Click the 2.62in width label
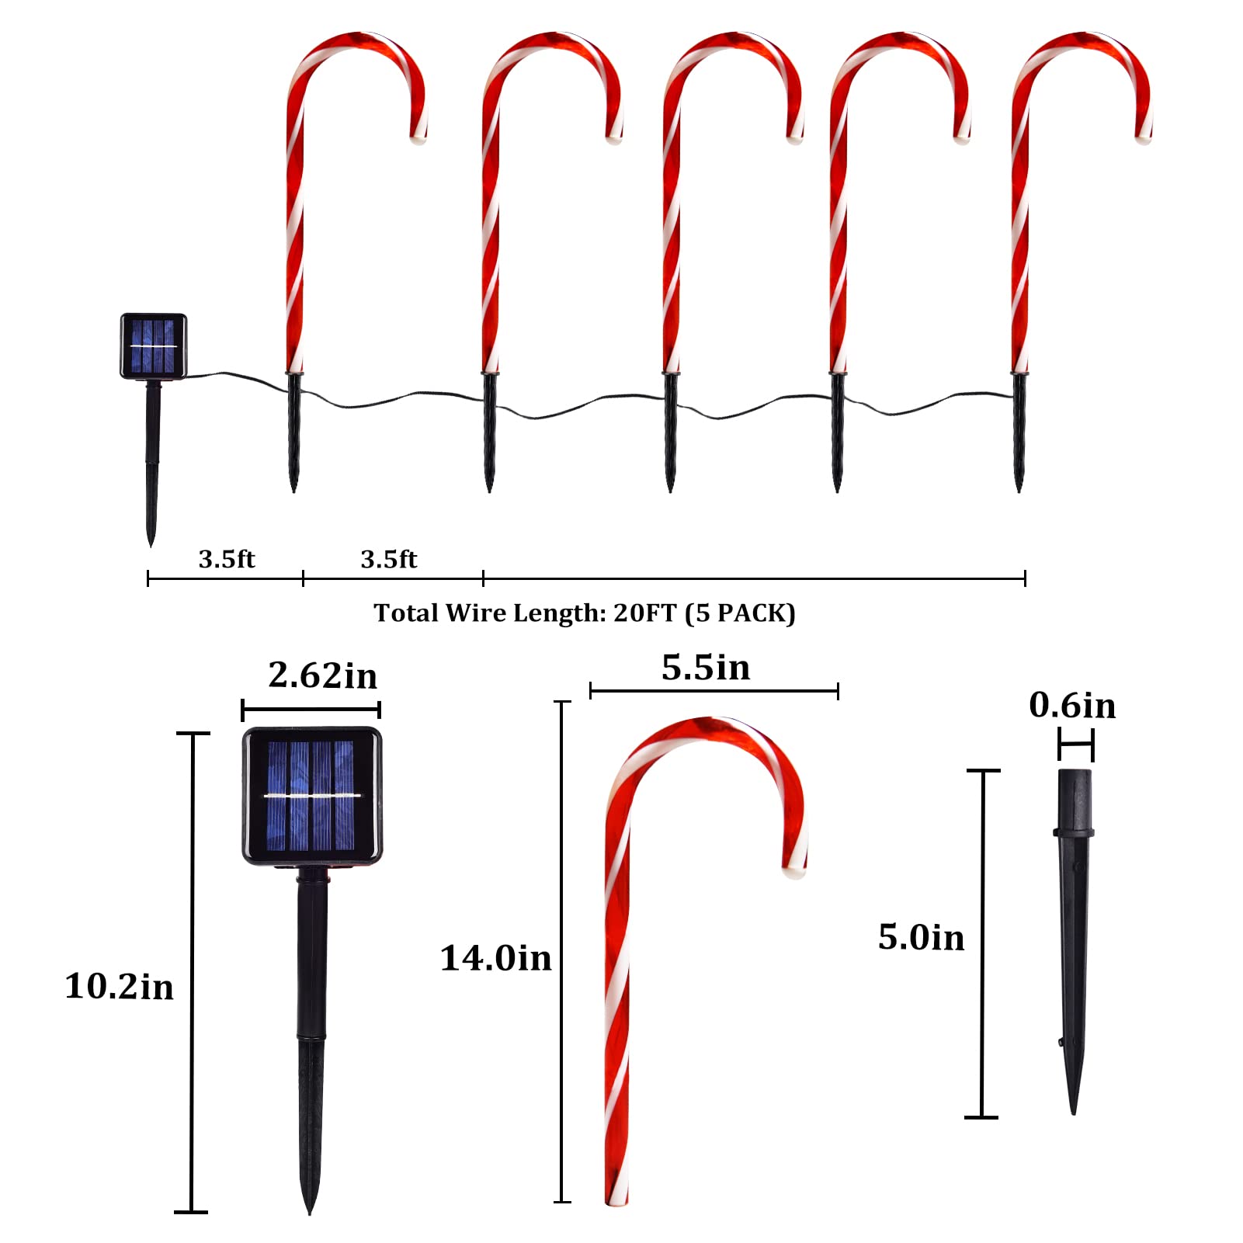(x=323, y=675)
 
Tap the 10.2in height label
(x=120, y=986)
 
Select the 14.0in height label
(x=496, y=958)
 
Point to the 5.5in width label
(x=706, y=668)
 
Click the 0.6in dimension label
(x=1072, y=705)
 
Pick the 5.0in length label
(x=922, y=937)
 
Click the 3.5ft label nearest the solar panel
(x=227, y=559)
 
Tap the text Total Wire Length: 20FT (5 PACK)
(x=585, y=613)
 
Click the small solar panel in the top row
(x=154, y=346)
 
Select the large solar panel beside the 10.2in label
(x=312, y=796)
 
